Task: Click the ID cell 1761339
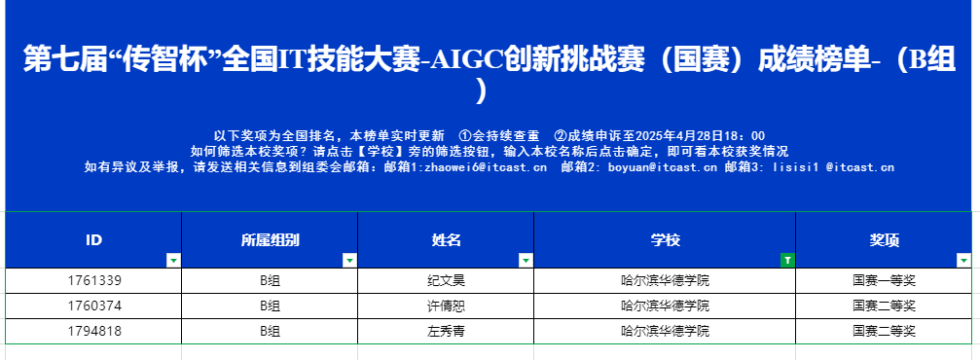[93, 280]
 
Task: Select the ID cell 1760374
[93, 306]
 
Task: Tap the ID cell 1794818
[93, 331]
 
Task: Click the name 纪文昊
[446, 280]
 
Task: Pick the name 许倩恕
[446, 306]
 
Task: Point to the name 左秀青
[446, 331]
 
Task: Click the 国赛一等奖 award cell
[884, 280]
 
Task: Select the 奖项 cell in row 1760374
[884, 306]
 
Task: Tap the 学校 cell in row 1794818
[665, 331]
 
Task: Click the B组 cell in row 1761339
[270, 280]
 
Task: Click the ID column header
[93, 240]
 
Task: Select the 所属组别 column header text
[270, 240]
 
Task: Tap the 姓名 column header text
[446, 240]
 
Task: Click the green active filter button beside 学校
[788, 261]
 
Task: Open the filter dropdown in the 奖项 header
[964, 261]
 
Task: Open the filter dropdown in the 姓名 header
[526, 261]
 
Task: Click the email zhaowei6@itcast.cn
[484, 167]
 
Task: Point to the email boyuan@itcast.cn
[662, 167]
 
